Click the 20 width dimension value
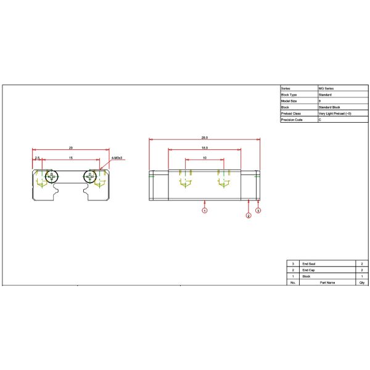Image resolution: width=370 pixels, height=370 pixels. click(71, 148)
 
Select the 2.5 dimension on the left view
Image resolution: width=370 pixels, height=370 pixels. click(37, 158)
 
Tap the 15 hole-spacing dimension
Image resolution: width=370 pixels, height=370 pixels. click(71, 158)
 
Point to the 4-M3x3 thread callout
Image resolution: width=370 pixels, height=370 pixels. click(118, 158)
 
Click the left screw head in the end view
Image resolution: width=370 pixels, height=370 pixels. click(51, 177)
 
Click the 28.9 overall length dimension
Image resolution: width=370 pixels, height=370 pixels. click(204, 138)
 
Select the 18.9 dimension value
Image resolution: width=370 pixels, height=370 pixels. click(204, 148)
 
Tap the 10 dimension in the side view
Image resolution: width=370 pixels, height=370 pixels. click(204, 158)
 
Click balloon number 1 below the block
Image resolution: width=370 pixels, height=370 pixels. click(205, 210)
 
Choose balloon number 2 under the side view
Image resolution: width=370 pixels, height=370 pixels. click(249, 216)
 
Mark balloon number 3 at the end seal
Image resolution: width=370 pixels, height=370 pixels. click(258, 210)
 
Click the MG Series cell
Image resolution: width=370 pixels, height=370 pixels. click(327, 89)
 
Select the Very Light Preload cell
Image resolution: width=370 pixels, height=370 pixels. click(335, 113)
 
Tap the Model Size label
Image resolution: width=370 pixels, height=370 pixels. click(289, 101)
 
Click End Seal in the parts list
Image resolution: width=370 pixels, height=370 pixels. click(309, 263)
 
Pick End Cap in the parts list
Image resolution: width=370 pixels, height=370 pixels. click(308, 270)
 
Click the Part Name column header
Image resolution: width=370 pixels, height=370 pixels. click(327, 283)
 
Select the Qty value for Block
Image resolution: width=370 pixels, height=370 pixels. click(361, 276)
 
